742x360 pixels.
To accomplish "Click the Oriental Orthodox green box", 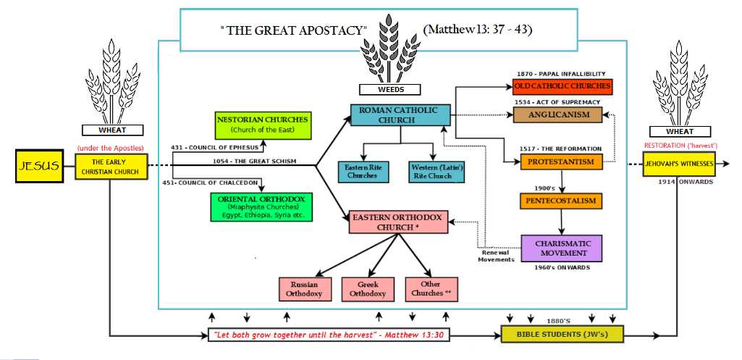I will click(x=263, y=206).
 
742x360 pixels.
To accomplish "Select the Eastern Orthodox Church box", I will click(x=399, y=222).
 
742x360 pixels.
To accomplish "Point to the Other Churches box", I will click(x=433, y=289).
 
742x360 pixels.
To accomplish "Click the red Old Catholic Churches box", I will click(x=562, y=86).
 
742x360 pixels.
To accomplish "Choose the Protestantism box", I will click(x=561, y=162).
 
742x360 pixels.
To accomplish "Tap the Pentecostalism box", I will click(x=562, y=200).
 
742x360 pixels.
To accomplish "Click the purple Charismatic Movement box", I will click(x=562, y=248).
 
